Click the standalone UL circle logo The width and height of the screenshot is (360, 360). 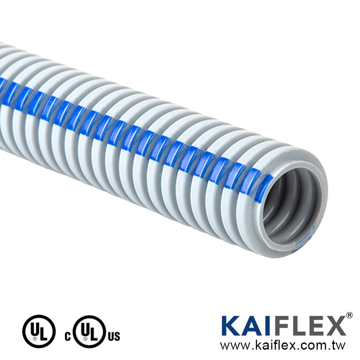pyautogui.click(x=39, y=331)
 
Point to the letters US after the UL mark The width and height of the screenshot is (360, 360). pyautogui.click(x=113, y=336)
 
